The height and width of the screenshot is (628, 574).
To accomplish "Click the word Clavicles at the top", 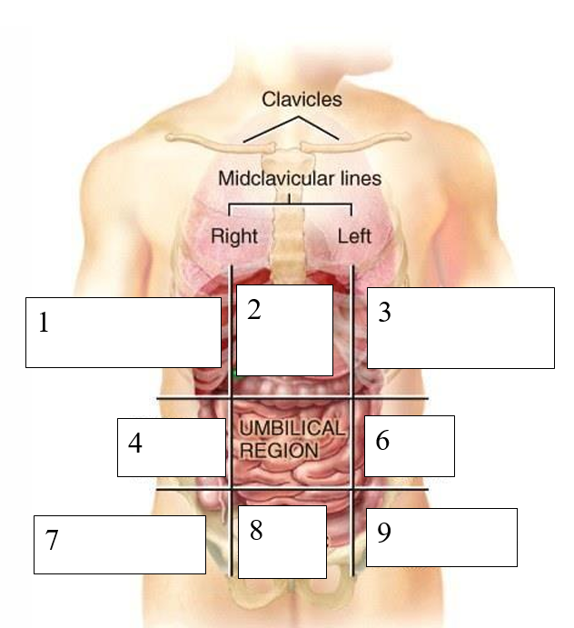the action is tap(302, 98).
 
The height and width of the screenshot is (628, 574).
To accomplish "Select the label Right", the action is tap(234, 236).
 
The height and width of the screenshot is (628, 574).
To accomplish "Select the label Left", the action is tap(354, 236).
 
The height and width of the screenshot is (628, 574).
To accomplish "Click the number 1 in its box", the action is tap(43, 323).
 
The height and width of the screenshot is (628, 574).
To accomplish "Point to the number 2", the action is tap(254, 310).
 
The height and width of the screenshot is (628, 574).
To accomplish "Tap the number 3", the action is tap(384, 314).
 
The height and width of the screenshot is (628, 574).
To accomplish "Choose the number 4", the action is tap(134, 444).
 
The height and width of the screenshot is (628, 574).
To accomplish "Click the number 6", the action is tap(382, 441).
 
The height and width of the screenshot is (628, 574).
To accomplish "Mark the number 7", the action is tap(51, 541).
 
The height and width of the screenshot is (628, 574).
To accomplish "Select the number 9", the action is tap(383, 533).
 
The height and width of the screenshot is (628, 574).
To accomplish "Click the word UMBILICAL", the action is tap(292, 429).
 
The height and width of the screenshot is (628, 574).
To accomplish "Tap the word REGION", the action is tap(279, 450).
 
